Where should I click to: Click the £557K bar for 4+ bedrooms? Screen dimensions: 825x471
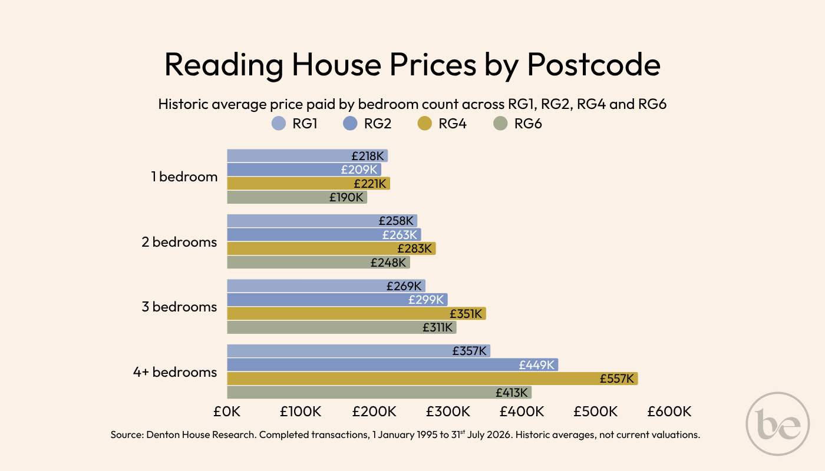click(433, 379)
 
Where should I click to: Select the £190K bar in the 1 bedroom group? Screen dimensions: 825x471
click(297, 197)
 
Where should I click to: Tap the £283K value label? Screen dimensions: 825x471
click(414, 248)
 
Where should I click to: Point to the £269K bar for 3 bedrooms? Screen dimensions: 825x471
click(326, 286)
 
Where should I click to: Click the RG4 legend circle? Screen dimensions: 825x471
click(425, 123)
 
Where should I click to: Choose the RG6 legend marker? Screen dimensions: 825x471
click(500, 123)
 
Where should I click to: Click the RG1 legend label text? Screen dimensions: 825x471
click(305, 124)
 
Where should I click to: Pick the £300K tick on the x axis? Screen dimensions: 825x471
click(448, 412)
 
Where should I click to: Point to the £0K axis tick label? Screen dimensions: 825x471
click(227, 412)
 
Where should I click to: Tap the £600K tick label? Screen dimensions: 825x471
click(669, 412)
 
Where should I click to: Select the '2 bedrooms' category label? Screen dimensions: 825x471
click(179, 242)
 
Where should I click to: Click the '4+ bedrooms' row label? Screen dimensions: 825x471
click(175, 372)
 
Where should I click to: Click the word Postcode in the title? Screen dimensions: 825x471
click(594, 64)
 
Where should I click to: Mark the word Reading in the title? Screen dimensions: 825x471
click(223, 65)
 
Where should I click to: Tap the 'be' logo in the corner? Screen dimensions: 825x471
click(778, 424)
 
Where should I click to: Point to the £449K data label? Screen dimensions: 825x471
click(537, 365)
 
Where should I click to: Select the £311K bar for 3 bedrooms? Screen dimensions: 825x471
click(342, 327)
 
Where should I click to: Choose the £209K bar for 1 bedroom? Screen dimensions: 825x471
click(304, 170)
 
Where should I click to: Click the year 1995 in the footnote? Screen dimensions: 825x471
click(427, 435)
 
